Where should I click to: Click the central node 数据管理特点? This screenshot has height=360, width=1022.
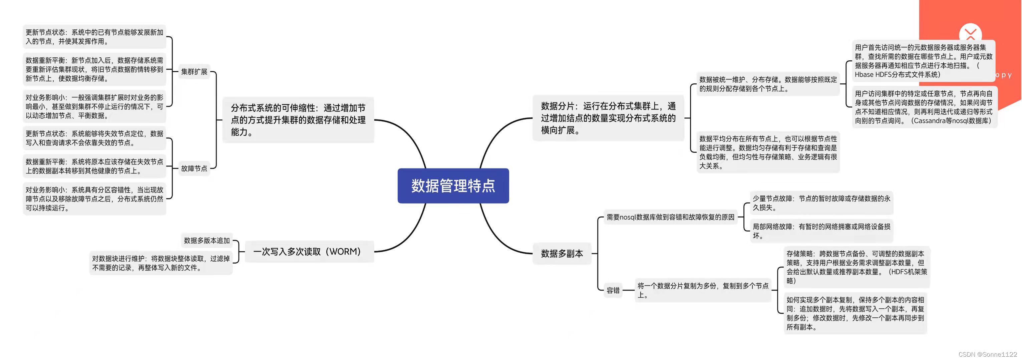pos(453,186)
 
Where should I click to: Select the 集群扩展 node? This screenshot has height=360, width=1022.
pos(194,72)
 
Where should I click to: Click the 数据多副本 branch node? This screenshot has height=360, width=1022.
pos(562,254)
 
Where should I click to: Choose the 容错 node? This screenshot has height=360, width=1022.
pos(613,291)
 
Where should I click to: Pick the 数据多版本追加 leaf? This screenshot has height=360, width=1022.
pos(207,241)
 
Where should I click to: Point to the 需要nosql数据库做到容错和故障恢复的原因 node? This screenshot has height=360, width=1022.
pos(670,217)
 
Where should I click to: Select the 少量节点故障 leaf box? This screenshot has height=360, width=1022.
pos(821,203)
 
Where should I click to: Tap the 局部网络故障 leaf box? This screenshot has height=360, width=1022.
pos(821,231)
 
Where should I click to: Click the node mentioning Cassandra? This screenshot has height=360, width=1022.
pos(924,107)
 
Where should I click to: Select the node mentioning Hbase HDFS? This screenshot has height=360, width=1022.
pos(924,61)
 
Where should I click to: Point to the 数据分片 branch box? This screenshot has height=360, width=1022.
pos(608,118)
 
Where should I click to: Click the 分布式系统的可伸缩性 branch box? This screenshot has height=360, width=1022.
pos(298,120)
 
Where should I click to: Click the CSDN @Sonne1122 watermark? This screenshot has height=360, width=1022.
pos(988,354)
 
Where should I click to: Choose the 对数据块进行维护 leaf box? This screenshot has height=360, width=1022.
pos(161,263)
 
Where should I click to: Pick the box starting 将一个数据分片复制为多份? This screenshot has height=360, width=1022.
pos(703,290)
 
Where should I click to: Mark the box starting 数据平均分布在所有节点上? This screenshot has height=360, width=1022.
pos(768,152)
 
